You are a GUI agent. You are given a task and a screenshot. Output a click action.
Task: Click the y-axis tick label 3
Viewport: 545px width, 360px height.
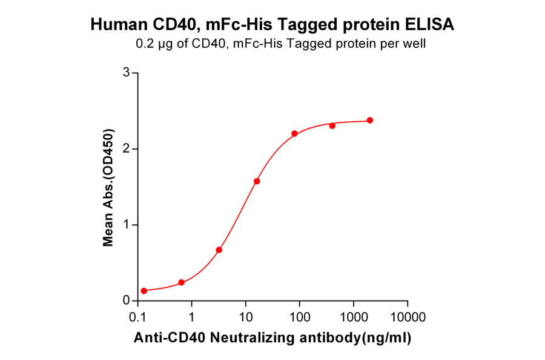pyautogui.click(x=127, y=73)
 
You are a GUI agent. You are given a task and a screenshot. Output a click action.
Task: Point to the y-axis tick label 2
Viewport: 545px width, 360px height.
pyautogui.click(x=127, y=148)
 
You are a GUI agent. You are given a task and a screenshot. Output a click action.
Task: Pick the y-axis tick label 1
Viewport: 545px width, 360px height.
pyautogui.click(x=127, y=225)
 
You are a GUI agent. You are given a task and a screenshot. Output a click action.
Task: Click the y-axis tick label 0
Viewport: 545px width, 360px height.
pyautogui.click(x=127, y=301)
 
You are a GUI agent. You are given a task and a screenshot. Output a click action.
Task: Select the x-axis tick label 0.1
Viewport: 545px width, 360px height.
pyautogui.click(x=138, y=317)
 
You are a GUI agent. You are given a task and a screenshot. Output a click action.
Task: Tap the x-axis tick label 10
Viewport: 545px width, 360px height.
pyautogui.click(x=246, y=317)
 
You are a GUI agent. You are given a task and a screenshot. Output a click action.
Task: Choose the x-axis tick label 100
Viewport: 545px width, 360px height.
pyautogui.click(x=300, y=317)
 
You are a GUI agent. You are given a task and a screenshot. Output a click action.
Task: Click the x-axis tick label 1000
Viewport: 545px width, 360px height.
pyautogui.click(x=354, y=317)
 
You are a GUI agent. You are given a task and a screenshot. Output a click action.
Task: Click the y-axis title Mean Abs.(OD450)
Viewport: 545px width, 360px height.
pyautogui.click(x=108, y=187)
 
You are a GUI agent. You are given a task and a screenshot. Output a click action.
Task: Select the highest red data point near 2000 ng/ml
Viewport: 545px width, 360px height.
pyautogui.click(x=370, y=120)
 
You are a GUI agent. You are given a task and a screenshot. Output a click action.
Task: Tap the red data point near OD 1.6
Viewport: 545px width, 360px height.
pyautogui.click(x=257, y=181)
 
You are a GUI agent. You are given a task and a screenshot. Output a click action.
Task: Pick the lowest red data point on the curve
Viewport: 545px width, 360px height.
pyautogui.click(x=144, y=291)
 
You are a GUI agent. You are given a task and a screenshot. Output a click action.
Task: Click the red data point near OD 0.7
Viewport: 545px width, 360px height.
pyautogui.click(x=219, y=250)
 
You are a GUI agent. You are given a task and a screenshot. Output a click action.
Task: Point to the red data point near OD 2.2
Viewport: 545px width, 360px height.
pyautogui.click(x=294, y=133)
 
